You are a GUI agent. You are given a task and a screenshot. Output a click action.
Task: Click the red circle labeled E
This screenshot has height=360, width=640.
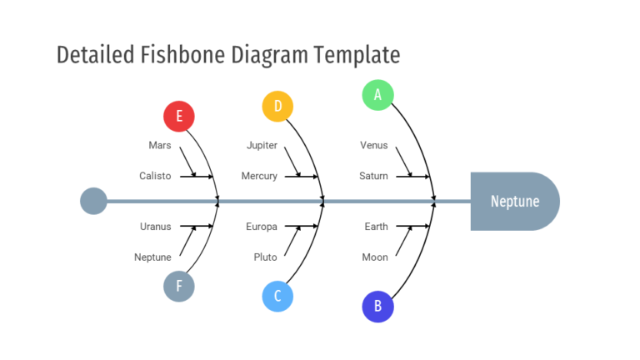(x=178, y=116)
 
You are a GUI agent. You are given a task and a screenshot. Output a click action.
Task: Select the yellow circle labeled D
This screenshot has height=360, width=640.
(x=277, y=106)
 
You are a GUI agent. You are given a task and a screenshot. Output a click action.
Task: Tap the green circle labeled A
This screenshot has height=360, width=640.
(x=377, y=94)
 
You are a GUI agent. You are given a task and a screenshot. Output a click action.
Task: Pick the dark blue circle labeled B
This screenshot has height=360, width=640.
(x=377, y=306)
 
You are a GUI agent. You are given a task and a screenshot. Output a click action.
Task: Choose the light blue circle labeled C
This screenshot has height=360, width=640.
(x=277, y=296)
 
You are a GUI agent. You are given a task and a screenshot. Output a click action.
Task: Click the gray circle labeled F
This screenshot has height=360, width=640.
(x=178, y=286)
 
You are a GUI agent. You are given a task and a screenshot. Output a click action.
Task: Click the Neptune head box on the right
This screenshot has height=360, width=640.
(x=514, y=201)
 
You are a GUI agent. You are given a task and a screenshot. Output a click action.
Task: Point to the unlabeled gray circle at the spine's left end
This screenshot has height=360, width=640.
(x=93, y=201)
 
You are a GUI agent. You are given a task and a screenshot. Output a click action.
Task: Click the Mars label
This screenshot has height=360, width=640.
(x=160, y=145)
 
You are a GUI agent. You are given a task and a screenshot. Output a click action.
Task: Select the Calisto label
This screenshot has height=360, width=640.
(x=155, y=176)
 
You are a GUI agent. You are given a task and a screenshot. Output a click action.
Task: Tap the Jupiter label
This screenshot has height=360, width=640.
(x=262, y=145)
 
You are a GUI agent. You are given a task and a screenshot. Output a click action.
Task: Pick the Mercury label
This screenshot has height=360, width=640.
(x=259, y=176)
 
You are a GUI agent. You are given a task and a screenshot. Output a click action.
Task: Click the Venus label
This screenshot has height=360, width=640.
(x=373, y=145)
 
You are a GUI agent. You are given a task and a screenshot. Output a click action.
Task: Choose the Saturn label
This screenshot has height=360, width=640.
(x=373, y=176)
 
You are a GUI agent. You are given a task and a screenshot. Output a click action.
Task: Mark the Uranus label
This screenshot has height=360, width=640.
(x=155, y=227)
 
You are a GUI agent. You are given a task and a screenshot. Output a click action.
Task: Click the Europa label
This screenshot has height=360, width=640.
(x=262, y=227)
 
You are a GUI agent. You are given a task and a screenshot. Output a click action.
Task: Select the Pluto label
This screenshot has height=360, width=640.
(x=265, y=257)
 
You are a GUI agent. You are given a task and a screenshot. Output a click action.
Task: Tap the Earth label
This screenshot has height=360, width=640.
(x=376, y=227)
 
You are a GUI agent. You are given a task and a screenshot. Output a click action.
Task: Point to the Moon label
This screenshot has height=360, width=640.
(x=375, y=257)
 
